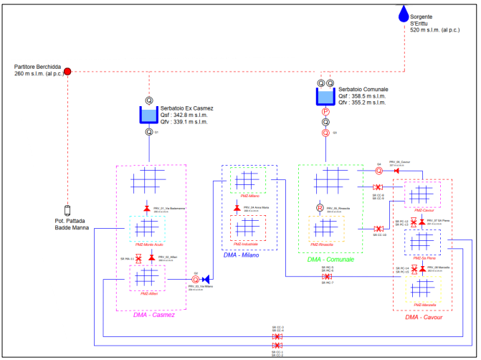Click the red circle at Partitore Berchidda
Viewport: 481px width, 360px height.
[68, 71]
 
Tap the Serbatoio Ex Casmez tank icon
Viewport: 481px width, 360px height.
[150, 115]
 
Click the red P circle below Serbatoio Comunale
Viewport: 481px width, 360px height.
[325, 112]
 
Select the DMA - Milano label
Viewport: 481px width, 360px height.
[240, 255]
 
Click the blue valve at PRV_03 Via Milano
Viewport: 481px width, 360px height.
[206, 279]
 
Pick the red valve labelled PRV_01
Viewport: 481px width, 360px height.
[147, 209]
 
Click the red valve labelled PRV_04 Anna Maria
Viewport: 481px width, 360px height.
[237, 208]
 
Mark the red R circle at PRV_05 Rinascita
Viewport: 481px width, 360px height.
[320, 209]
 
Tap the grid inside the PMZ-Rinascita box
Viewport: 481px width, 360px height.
[325, 228]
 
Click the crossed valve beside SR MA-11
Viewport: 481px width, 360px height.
[138, 257]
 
